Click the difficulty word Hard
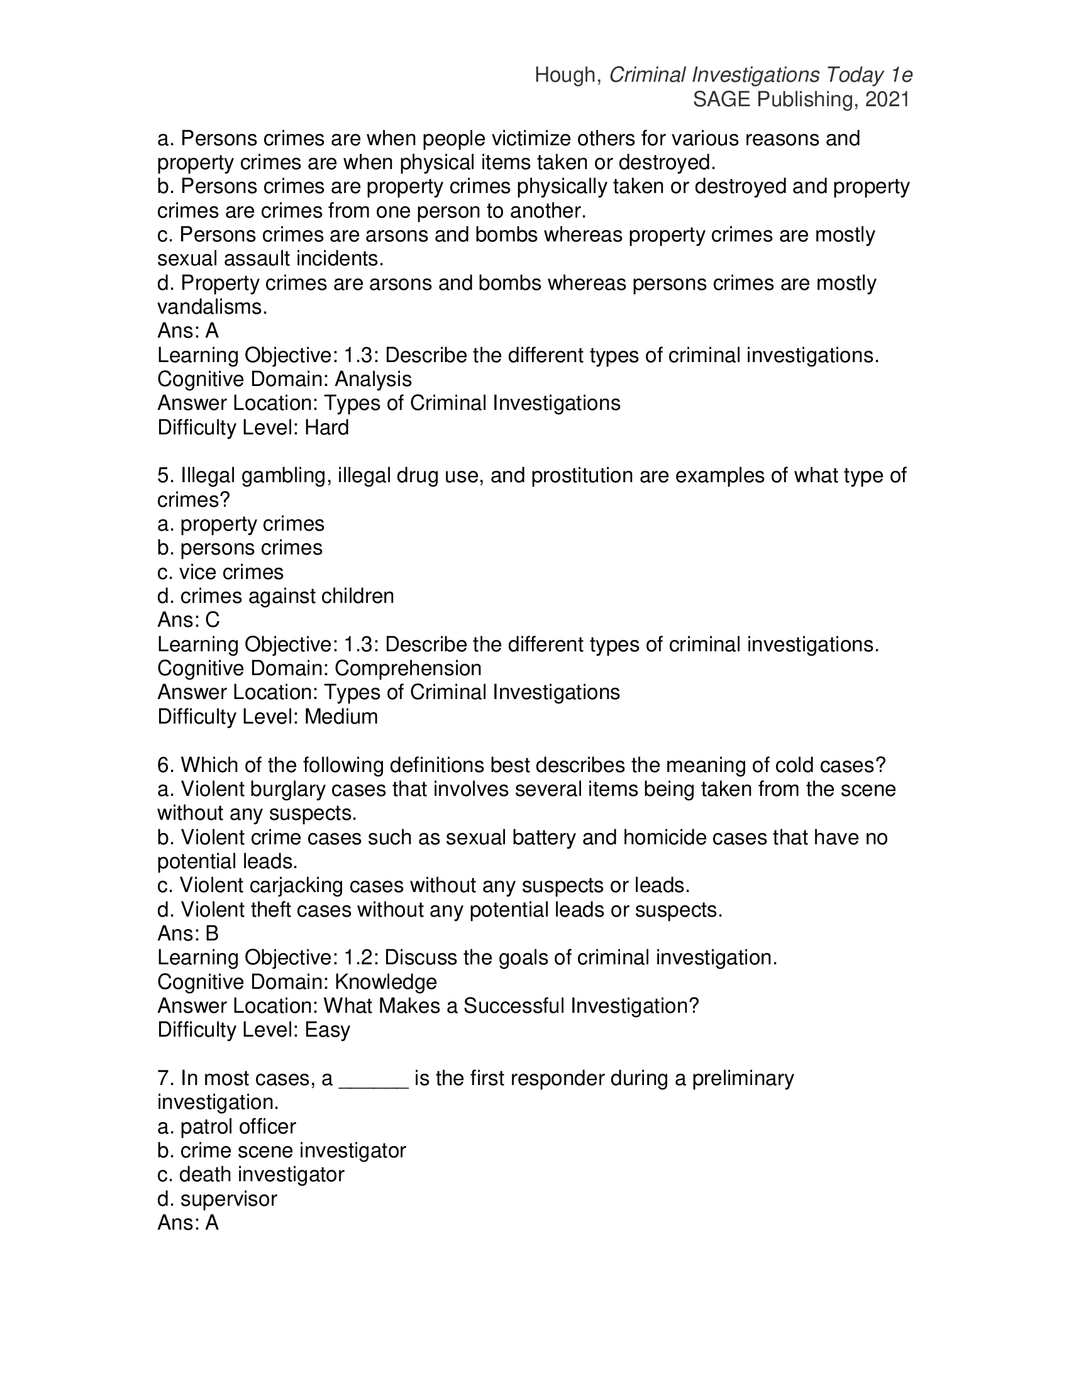point(327,427)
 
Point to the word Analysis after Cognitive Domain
point(373,379)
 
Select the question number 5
point(163,476)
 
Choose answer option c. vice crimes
point(220,573)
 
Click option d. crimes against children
point(275,597)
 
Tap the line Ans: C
point(188,620)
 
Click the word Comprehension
point(408,669)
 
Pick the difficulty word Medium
point(341,717)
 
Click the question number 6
point(163,766)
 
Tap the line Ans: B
point(188,934)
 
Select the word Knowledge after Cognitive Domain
point(385,982)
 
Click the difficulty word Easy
point(327,1030)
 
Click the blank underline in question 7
point(374,1079)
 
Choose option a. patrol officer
point(227,1127)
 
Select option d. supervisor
point(217,1199)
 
